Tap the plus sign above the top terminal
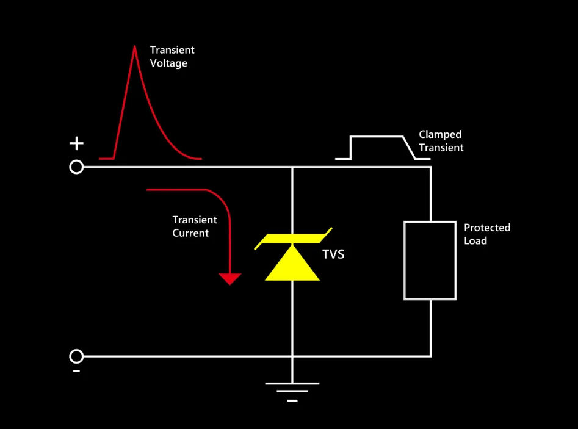(76, 143)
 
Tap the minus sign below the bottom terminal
(76, 371)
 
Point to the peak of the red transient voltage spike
(134, 46)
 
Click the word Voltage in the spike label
(168, 63)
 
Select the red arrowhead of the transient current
(229, 279)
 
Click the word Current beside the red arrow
(190, 233)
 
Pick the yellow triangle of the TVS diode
(292, 263)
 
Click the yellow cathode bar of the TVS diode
(293, 239)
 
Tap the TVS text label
(333, 254)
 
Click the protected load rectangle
(404, 261)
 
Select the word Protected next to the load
(487, 228)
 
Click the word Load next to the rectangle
(475, 241)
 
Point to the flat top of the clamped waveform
(377, 137)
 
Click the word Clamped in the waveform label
(440, 134)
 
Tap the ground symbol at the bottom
(292, 392)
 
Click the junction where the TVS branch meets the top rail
(292, 167)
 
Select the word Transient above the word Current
(195, 220)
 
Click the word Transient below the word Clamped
(441, 148)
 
